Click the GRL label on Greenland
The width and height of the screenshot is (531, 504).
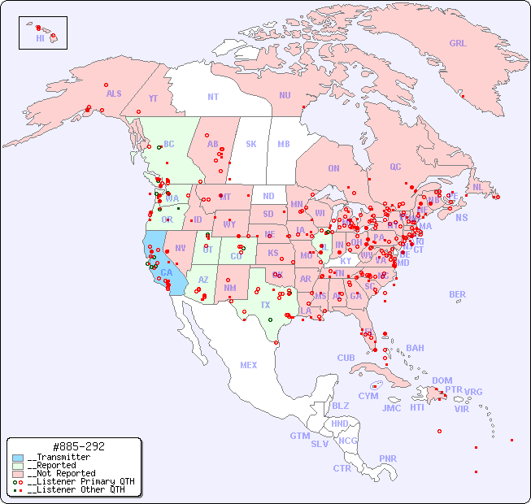click(458, 44)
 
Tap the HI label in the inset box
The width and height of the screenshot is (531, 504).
click(40, 38)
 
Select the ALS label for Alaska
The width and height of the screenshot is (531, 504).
click(114, 93)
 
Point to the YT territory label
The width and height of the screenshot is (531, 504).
click(153, 98)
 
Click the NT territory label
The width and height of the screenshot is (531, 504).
click(212, 97)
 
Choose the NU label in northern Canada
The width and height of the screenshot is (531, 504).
click(285, 95)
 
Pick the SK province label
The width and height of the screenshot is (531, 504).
click(251, 144)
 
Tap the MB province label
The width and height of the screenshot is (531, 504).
click(283, 144)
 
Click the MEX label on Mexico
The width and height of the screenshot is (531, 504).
click(249, 365)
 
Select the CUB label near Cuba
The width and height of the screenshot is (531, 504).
click(346, 358)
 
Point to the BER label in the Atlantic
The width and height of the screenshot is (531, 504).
click(457, 294)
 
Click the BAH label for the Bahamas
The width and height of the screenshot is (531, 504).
click(415, 348)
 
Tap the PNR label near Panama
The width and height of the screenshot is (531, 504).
click(388, 458)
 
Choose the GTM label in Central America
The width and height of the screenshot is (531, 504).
click(299, 436)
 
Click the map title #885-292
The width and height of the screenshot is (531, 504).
click(77, 446)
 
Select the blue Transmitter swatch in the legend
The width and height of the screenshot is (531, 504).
click(18, 458)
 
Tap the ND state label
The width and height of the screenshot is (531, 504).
click(268, 196)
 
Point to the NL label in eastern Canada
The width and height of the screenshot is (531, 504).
click(478, 186)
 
